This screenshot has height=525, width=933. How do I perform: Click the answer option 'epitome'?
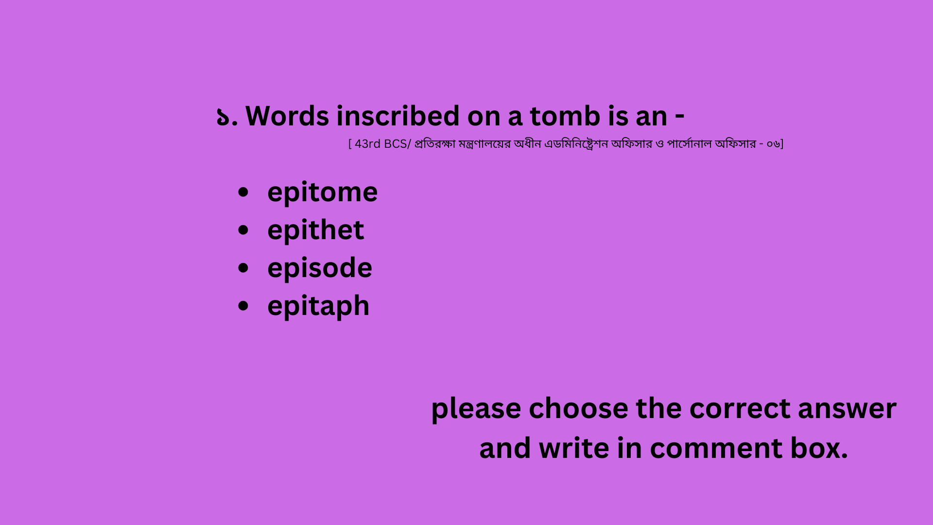pos(322,193)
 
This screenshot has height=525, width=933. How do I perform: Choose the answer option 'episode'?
pos(320,268)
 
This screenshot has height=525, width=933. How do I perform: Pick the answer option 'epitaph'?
pos(318,306)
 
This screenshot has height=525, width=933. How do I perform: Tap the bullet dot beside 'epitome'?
pos(243,192)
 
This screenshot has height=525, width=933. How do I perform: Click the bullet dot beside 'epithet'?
pos(243,230)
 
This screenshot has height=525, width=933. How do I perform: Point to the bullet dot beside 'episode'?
pos(243,268)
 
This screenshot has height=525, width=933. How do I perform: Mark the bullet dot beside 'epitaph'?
pos(243,306)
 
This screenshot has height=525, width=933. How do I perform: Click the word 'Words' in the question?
pos(287,117)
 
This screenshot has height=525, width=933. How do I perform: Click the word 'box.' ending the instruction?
pos(819,448)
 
